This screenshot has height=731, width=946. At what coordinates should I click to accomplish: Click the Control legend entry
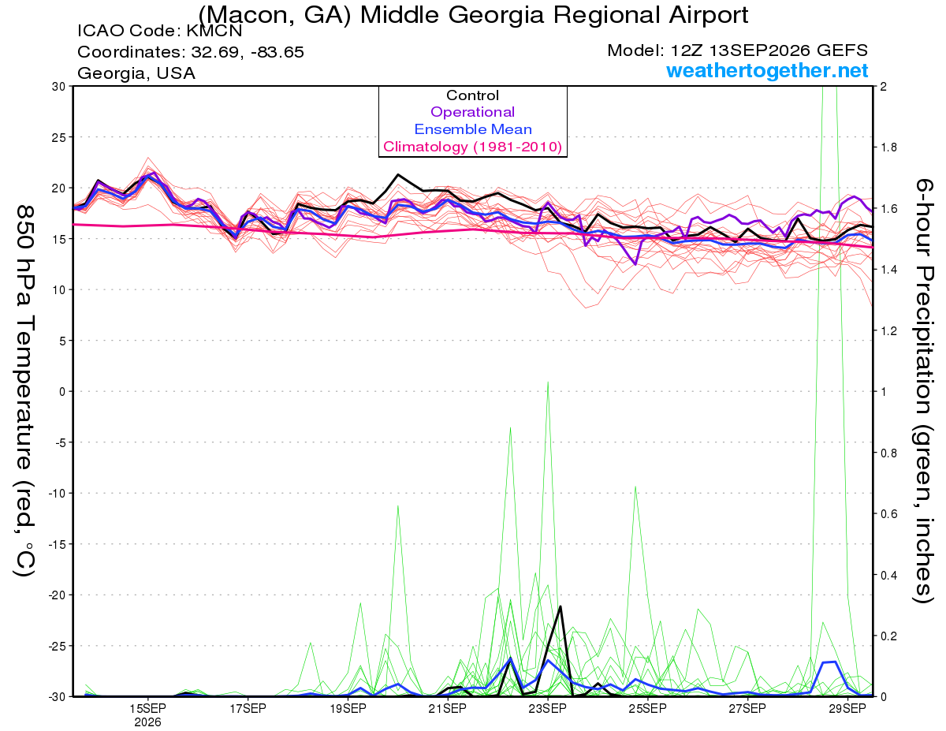pos(472,95)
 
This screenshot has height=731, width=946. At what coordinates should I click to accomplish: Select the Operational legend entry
pos(472,112)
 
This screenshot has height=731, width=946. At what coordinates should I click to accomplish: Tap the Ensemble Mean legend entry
pos(473,129)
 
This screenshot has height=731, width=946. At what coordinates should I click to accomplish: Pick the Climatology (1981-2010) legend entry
pos(472,147)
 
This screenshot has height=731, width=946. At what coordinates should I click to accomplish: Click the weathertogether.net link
pos(767,70)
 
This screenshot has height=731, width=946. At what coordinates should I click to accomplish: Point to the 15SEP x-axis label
pos(147,708)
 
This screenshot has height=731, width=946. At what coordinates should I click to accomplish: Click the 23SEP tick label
pos(548,708)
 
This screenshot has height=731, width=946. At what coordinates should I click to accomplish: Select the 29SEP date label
pos(847,708)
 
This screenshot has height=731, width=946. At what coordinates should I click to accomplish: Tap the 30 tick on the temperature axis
pos(59,86)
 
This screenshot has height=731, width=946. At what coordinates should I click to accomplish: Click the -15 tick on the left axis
pos(56,544)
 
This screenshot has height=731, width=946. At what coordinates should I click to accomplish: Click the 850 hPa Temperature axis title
pos(24,391)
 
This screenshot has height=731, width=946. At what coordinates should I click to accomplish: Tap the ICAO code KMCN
pos(214,31)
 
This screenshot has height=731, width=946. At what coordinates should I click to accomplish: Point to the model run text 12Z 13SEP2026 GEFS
pos(769,50)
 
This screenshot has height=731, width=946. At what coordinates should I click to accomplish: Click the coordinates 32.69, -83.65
pos(248,52)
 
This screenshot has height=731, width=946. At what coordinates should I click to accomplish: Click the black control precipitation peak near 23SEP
pos(561,606)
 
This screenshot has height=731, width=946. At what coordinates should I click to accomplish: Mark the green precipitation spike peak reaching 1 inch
pos(548,382)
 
